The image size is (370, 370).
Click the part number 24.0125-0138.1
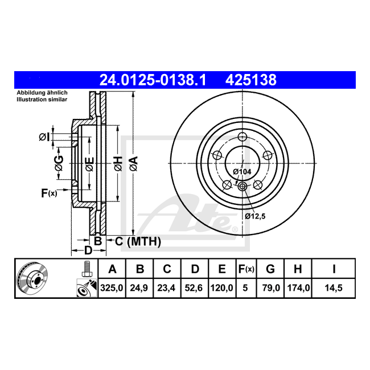pyautogui.click(x=153, y=80)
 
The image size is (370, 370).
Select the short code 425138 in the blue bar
pyautogui.click(x=251, y=80)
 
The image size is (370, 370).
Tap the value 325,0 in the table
pyautogui.click(x=112, y=288)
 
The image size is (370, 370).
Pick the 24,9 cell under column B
pyautogui.click(x=139, y=288)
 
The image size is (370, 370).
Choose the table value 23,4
pyautogui.click(x=166, y=288)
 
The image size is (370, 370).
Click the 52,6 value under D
pyautogui.click(x=194, y=288)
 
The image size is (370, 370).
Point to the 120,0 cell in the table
pyautogui.click(x=221, y=288)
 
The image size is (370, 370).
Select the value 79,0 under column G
pyautogui.click(x=271, y=288)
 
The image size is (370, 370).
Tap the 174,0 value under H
pyautogui.click(x=298, y=288)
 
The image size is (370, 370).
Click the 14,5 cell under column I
pyautogui.click(x=334, y=288)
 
